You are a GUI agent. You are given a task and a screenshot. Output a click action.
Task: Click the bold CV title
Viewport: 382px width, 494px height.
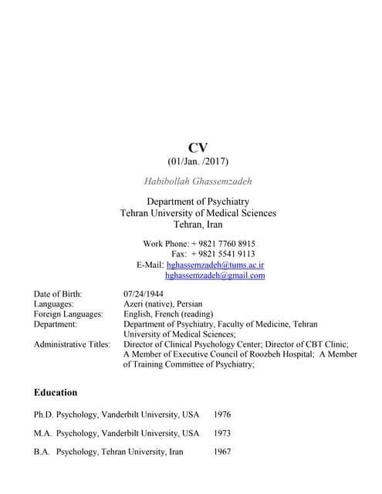198,147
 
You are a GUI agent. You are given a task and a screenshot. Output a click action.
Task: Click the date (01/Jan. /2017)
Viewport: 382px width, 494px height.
198,162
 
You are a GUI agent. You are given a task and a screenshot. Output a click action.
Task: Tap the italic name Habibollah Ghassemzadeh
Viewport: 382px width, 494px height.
198,181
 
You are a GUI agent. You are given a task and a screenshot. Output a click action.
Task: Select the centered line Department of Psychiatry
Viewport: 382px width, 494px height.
198,201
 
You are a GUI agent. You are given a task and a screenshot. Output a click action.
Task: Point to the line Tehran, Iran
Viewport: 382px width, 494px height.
198,225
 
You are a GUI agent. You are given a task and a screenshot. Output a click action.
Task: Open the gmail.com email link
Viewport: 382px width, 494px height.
215,275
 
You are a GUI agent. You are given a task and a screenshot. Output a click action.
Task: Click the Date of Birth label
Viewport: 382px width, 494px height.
58,294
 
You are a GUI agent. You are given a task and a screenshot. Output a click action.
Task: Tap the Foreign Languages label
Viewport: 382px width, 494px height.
69,314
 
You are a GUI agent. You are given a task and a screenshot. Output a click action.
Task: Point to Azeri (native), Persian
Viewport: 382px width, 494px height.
163,304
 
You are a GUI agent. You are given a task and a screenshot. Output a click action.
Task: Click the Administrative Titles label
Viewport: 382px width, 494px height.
72,344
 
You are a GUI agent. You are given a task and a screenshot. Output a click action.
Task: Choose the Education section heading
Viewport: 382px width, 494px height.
56,392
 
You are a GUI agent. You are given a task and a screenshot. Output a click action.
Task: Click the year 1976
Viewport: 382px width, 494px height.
222,414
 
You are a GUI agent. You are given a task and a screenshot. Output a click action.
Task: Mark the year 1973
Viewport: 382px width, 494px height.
222,433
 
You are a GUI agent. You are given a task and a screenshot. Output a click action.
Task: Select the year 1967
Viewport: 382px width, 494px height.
222,452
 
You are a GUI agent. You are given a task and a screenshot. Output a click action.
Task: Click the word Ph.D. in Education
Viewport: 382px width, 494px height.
43,414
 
